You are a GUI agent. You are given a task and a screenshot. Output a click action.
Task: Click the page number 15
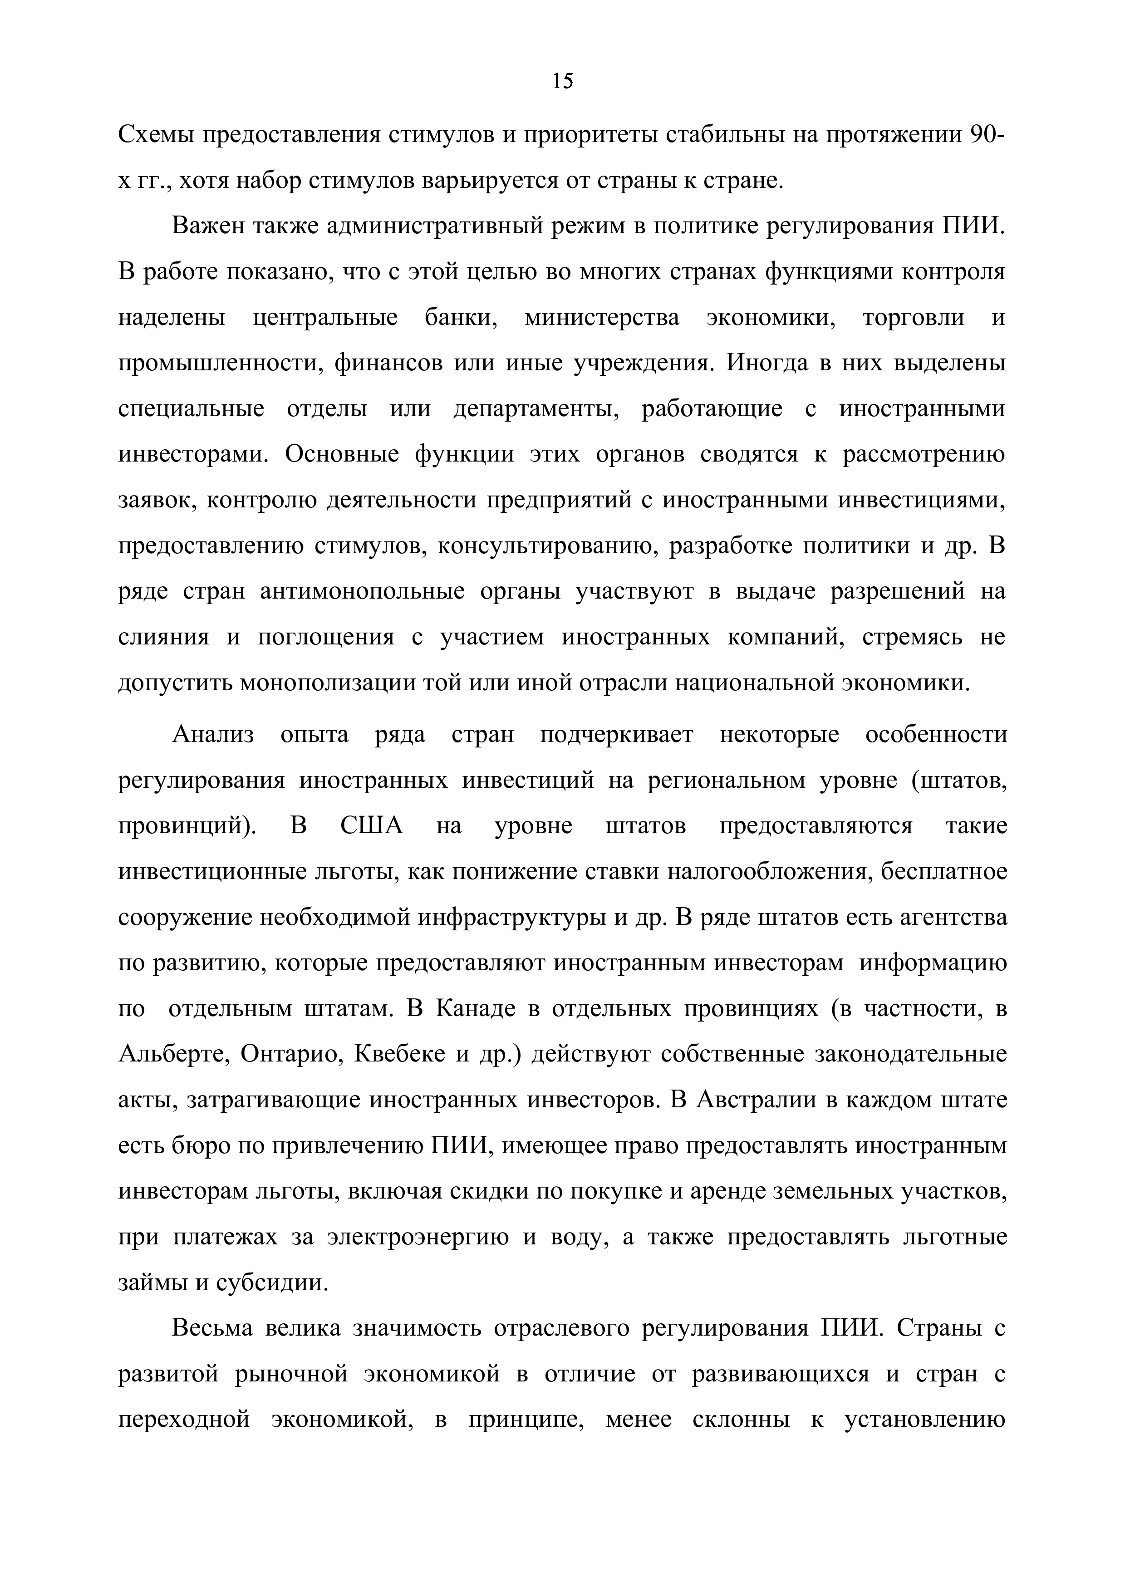[563, 82]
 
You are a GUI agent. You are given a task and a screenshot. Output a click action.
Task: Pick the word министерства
[602, 318]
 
